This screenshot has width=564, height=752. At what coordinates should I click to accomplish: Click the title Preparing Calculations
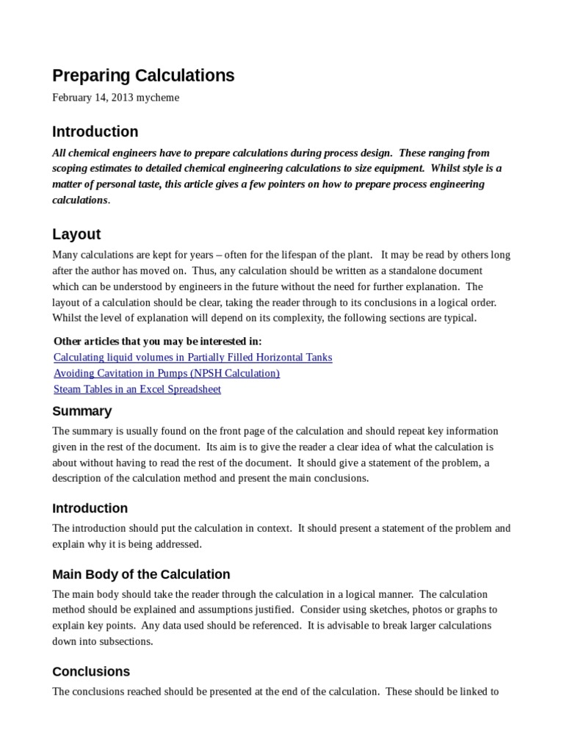(143, 76)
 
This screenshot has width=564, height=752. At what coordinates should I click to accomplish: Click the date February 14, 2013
(92, 98)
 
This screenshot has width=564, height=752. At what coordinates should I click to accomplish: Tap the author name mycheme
(156, 98)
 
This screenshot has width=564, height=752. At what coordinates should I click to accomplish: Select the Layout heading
(76, 234)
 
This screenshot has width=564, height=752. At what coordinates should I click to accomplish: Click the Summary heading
(82, 411)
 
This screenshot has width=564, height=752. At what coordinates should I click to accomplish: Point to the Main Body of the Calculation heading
(141, 574)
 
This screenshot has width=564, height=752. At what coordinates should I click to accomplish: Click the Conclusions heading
(91, 671)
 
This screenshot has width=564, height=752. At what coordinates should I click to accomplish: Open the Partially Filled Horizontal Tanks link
(192, 357)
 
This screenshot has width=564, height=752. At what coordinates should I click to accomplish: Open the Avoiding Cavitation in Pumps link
(167, 373)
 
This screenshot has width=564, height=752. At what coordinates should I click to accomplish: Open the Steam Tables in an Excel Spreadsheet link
(137, 389)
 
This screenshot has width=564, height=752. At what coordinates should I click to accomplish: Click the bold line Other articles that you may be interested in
(157, 341)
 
